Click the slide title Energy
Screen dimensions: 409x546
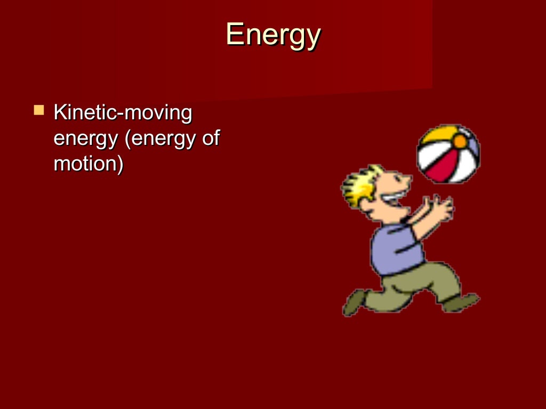(x=273, y=35)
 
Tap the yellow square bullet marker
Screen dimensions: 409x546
(x=39, y=111)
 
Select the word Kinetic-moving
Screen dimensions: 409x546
(x=123, y=113)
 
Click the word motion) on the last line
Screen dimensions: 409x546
(x=89, y=163)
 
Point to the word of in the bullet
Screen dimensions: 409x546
(x=210, y=138)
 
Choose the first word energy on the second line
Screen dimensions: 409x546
(x=85, y=140)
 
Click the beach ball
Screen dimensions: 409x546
(x=448, y=153)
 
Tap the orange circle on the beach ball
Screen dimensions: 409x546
(x=459, y=141)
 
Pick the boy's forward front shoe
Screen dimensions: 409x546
(x=461, y=302)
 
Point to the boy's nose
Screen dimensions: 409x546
(x=408, y=183)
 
